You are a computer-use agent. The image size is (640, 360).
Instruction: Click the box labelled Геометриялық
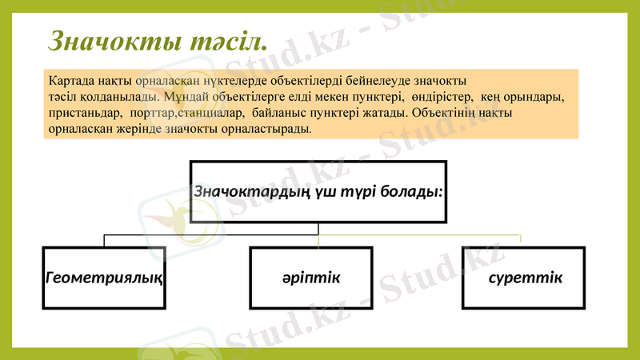tap(105, 278)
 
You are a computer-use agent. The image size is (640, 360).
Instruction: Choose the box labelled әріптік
tap(310, 278)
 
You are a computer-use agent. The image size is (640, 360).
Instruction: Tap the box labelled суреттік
tap(523, 278)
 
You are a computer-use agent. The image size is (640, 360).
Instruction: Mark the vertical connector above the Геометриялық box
tap(105, 241)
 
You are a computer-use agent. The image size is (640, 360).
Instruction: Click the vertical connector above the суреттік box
tap(521, 240)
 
